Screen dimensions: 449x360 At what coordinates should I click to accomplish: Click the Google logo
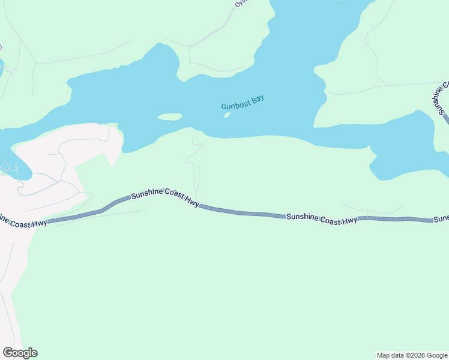pos(20,353)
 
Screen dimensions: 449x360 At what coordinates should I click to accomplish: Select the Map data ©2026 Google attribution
pos(412,355)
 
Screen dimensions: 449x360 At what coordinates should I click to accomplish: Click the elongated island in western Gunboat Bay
pos(170,117)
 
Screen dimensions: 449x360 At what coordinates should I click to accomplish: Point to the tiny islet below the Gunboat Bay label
pos(227,115)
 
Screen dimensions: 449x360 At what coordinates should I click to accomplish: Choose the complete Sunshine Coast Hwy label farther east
pos(322,218)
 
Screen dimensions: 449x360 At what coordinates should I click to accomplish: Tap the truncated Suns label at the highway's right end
pos(441,219)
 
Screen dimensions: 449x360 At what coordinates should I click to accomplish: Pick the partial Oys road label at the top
pos(240,4)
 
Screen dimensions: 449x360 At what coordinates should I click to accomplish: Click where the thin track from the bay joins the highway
pos(197,204)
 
